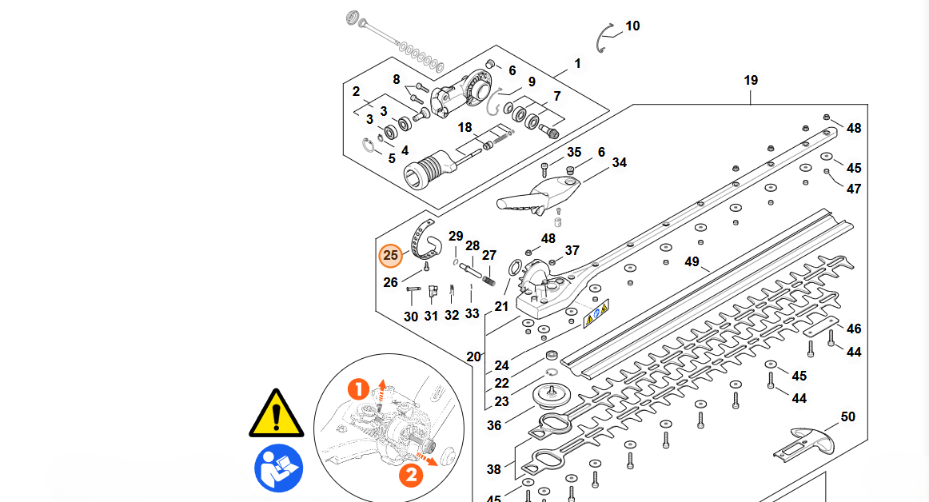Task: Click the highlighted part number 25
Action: [x=390, y=256]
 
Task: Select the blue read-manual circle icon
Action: [x=279, y=468]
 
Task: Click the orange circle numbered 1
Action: [x=359, y=389]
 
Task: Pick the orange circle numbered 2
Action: [x=410, y=475]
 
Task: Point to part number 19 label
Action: [x=751, y=81]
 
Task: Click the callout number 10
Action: [x=632, y=26]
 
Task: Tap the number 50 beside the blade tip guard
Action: [x=847, y=416]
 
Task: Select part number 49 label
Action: [x=692, y=262]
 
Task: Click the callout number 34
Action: [x=620, y=163]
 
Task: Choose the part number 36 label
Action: [x=494, y=425]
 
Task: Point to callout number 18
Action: [x=465, y=128]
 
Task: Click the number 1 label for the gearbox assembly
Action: [x=577, y=64]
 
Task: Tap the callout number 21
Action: [x=501, y=306]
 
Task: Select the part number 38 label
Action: [x=494, y=469]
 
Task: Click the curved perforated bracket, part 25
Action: [x=423, y=238]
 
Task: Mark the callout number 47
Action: [x=854, y=189]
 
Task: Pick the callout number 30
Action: [x=411, y=317]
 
